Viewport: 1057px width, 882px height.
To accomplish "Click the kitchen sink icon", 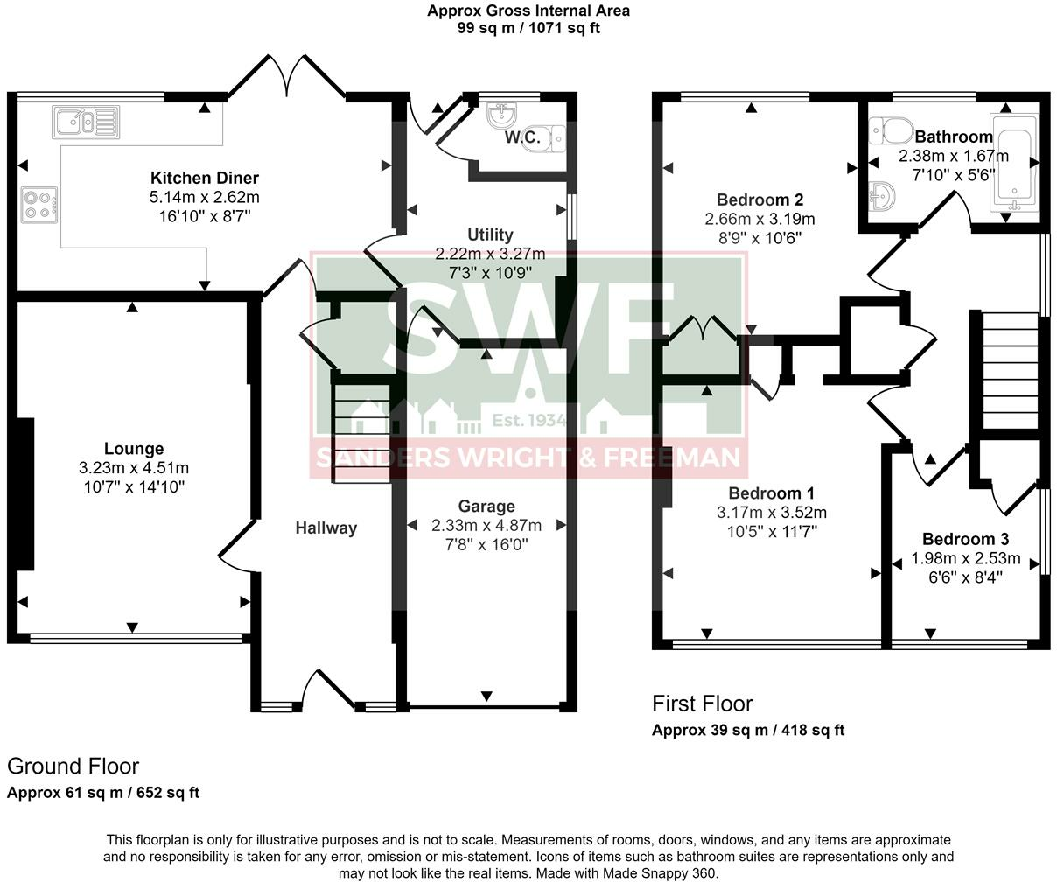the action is [86, 122].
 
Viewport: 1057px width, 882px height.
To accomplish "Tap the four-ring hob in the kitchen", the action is [39, 205].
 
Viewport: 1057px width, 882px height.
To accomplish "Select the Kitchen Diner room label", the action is [205, 178].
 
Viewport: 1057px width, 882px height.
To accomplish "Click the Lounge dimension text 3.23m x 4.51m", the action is [134, 468].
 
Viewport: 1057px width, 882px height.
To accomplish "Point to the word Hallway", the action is [326, 528].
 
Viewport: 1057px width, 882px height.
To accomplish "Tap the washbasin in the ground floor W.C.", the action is [501, 115].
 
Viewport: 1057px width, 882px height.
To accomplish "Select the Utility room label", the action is [490, 234].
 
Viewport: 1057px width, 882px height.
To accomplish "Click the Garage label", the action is [486, 507].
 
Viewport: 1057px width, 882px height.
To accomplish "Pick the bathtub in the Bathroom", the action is [1014, 162].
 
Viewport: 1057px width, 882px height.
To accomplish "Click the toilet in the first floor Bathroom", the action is [892, 130].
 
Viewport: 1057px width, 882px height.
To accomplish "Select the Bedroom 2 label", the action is [759, 200].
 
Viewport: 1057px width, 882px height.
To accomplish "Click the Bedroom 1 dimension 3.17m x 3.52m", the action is [772, 513].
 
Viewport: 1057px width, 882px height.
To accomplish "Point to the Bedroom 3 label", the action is [965, 539].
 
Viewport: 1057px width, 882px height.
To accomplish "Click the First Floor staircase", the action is [1011, 371].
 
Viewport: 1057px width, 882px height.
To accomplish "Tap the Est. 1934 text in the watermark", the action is [528, 420].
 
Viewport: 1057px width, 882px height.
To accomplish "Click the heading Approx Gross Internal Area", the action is [528, 10].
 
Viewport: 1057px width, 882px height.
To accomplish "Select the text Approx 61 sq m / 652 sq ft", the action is [103, 793].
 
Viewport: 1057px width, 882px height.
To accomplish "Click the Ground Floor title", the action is [73, 766].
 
